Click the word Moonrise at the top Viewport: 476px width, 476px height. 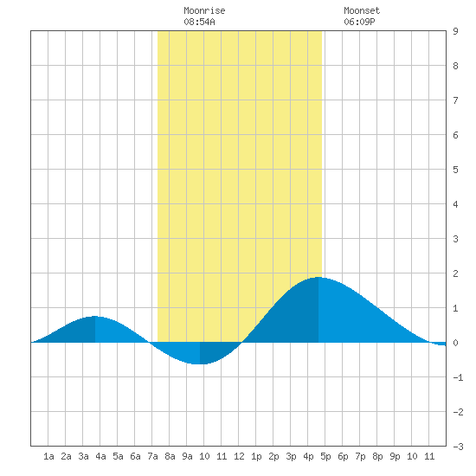tap(204, 10)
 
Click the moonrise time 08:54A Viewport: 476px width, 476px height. tap(199, 22)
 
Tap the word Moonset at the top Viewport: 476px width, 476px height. tap(362, 10)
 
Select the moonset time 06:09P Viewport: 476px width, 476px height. tap(359, 22)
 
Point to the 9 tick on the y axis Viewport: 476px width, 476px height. tap(455, 31)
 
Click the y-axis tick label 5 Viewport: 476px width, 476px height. tap(455, 170)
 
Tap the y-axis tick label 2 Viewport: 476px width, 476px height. tap(455, 273)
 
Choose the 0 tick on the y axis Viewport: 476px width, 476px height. tap(455, 343)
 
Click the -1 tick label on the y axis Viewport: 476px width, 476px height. tap(458, 377)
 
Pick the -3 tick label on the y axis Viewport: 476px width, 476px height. tap(458, 447)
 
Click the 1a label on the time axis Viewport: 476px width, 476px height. tap(48, 456)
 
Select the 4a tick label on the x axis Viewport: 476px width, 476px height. tap(100, 456)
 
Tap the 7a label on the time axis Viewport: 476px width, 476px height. tap(152, 456)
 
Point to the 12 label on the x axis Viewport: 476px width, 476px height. tap(239, 456)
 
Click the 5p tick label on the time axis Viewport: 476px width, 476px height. tap(325, 456)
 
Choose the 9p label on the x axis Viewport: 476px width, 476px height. tap(395, 456)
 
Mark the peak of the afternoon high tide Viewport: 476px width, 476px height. tap(318, 277)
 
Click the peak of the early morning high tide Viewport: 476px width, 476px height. tap(95, 316)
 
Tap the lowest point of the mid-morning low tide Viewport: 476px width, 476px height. tap(200, 363)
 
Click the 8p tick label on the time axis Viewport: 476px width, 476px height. tap(377, 456)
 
